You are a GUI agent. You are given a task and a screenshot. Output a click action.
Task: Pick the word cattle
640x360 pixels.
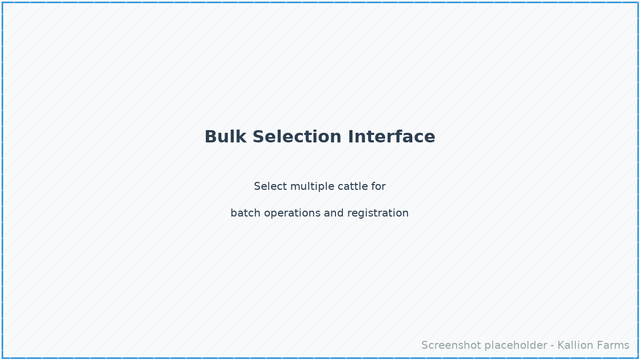pyautogui.click(x=351, y=187)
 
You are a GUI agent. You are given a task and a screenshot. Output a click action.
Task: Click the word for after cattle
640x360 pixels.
pyautogui.click(x=379, y=187)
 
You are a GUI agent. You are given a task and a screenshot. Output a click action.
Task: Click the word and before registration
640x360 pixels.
pyautogui.click(x=334, y=213)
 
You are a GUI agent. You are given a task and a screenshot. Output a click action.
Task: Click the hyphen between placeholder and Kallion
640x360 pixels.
pyautogui.click(x=553, y=346)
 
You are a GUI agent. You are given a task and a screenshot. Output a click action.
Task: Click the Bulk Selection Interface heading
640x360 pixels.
pyautogui.click(x=320, y=137)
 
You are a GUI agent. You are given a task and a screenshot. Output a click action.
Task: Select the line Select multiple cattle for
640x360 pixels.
pyautogui.click(x=320, y=187)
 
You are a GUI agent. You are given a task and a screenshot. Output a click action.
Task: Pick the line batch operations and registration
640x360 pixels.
pyautogui.click(x=320, y=213)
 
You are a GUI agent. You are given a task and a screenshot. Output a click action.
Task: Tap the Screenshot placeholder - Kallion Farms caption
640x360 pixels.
pyautogui.click(x=525, y=346)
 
